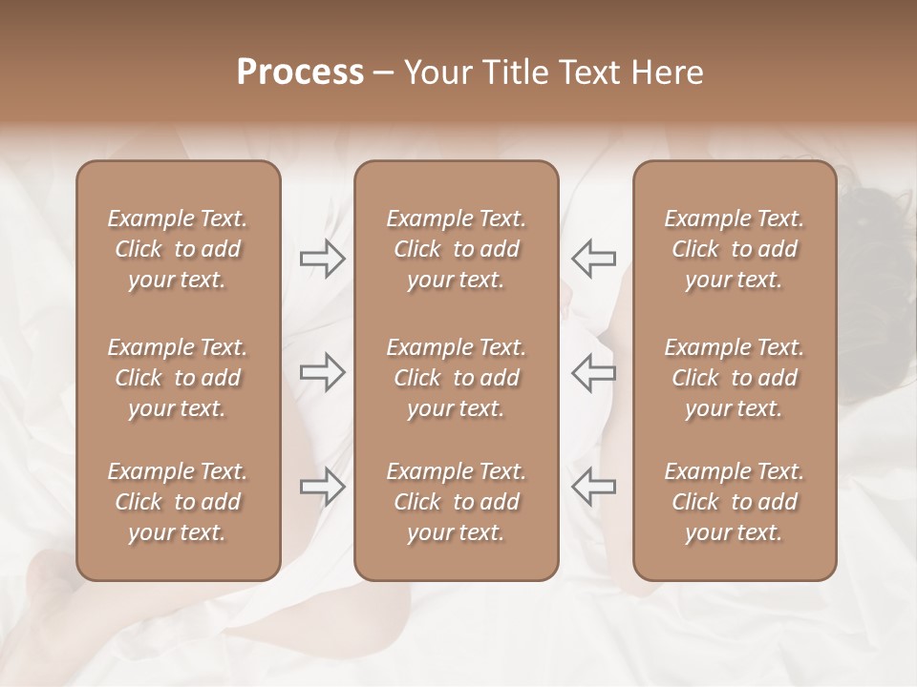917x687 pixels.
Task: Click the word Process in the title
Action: pos(300,73)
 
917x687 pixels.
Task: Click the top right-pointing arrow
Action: pos(323,259)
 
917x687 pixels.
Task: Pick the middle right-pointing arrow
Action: pos(323,372)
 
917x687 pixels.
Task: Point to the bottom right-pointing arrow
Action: pos(323,487)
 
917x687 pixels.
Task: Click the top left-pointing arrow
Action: pos(593,259)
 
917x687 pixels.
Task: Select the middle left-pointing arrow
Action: pos(593,372)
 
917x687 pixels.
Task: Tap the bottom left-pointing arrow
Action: pos(593,487)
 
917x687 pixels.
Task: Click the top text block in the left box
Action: pos(178,249)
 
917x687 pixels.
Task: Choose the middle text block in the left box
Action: pos(178,378)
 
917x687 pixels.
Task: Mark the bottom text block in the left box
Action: pos(178,502)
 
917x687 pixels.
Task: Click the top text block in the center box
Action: pos(456,249)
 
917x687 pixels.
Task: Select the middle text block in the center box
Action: pos(456,378)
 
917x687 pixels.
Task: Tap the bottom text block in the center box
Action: pos(456,502)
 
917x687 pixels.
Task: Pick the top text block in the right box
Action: pos(734,249)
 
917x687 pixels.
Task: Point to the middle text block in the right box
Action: pos(734,378)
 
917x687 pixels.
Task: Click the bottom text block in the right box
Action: pos(734,502)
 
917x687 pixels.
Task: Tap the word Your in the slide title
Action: pos(436,73)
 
